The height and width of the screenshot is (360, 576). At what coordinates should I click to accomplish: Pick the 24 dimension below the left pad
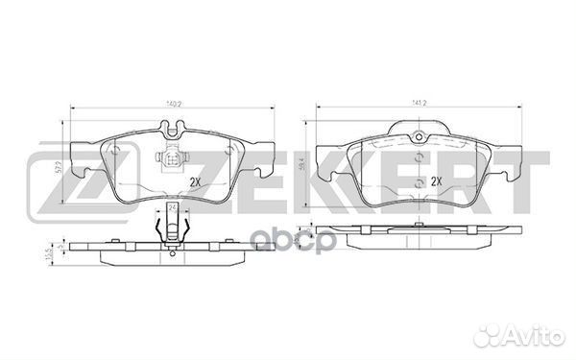pyautogui.click(x=172, y=206)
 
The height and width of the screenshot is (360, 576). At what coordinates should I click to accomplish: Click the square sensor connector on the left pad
pyautogui.click(x=170, y=161)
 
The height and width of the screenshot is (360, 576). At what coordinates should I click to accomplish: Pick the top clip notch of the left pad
pyautogui.click(x=170, y=125)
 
